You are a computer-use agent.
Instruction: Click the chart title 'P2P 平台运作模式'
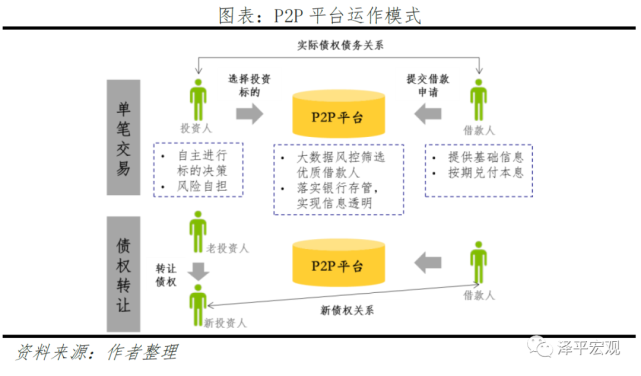point(320,14)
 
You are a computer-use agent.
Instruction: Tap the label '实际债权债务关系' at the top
point(341,45)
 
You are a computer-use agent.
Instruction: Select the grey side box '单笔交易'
point(120,140)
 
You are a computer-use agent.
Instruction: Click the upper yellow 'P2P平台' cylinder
point(341,117)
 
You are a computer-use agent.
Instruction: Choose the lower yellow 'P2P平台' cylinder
point(341,265)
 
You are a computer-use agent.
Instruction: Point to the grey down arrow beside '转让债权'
point(198,270)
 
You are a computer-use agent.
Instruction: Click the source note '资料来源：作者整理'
point(96,352)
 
